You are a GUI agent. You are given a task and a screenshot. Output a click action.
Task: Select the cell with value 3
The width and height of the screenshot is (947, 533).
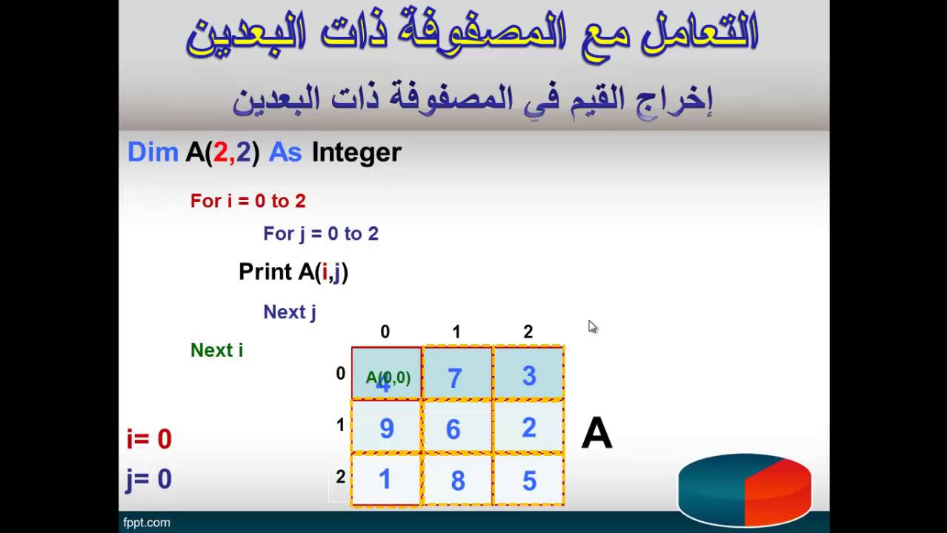[528, 375]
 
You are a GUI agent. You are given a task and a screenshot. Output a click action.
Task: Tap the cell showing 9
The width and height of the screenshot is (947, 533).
[386, 427]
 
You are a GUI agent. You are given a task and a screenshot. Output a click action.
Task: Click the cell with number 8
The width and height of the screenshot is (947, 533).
[456, 480]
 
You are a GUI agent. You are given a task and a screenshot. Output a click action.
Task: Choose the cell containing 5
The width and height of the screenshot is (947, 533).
[528, 480]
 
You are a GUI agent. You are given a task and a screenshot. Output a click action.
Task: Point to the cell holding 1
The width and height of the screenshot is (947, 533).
[386, 480]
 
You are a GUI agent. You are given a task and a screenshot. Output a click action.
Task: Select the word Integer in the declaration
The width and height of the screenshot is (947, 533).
[356, 152]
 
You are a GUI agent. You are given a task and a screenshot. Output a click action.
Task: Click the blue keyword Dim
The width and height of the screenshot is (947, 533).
[153, 152]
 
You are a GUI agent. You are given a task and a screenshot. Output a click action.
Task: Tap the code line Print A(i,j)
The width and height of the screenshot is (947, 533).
[293, 272]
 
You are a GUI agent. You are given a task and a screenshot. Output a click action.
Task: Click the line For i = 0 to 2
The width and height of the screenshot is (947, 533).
[247, 201]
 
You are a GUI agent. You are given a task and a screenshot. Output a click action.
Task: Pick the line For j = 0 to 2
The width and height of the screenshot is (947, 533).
[320, 234]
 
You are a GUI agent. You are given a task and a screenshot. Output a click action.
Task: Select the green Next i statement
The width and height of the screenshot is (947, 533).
[216, 349]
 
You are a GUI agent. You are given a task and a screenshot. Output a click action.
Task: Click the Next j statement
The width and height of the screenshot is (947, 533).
[289, 312]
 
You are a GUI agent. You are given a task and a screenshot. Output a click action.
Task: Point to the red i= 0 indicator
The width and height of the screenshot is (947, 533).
[149, 439]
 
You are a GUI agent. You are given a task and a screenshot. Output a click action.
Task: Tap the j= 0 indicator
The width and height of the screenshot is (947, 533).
[149, 479]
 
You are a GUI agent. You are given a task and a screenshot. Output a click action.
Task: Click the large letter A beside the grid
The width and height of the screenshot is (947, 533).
[597, 433]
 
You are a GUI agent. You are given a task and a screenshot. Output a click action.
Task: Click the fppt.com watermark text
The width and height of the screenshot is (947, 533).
[147, 523]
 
